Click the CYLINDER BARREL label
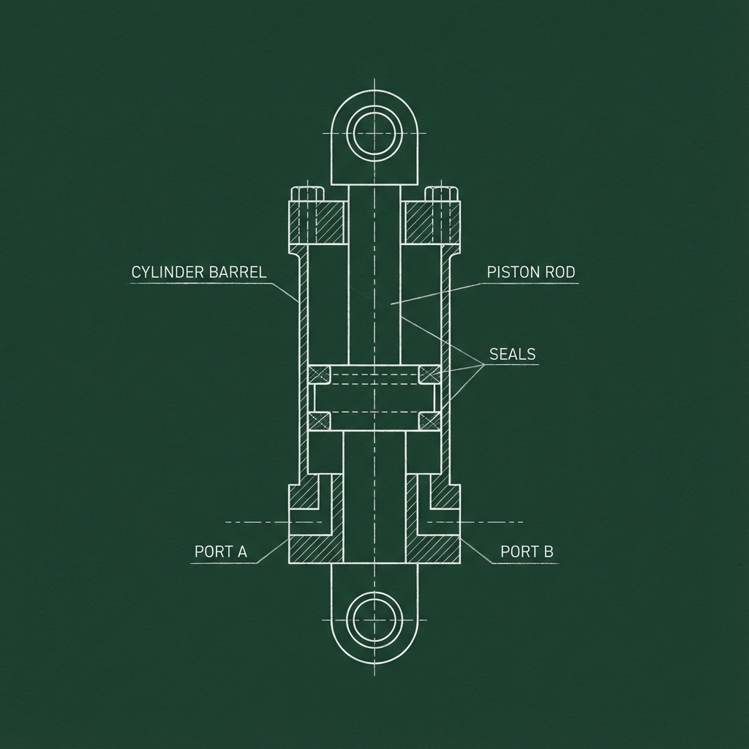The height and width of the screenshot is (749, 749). (199, 272)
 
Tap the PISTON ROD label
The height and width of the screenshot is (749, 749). (530, 272)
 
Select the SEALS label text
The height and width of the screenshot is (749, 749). (512, 354)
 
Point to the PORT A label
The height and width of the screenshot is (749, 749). (221, 552)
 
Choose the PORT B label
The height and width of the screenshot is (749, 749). (527, 552)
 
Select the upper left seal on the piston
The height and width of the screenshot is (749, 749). (319, 374)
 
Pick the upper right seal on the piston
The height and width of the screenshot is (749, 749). (429, 374)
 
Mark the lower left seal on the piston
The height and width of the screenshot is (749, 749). (319, 421)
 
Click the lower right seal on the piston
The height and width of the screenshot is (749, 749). (429, 421)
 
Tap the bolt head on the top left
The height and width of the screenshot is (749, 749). (308, 194)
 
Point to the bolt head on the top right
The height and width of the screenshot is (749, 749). (442, 194)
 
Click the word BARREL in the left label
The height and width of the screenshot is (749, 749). (238, 272)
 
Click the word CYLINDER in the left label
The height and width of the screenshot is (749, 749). (168, 272)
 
